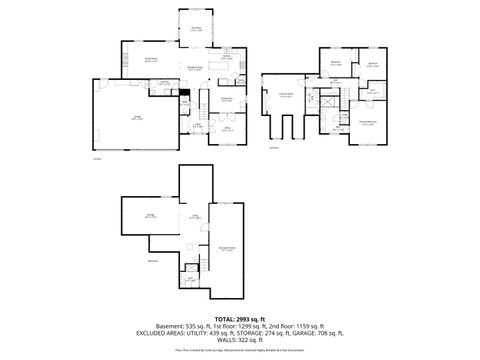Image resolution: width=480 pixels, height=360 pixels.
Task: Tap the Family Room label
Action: (139, 60)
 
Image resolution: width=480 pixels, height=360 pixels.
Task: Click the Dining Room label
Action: (226, 99)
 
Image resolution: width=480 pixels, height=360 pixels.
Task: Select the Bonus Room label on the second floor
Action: (285, 95)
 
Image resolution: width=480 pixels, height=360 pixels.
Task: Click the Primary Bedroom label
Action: (367, 124)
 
